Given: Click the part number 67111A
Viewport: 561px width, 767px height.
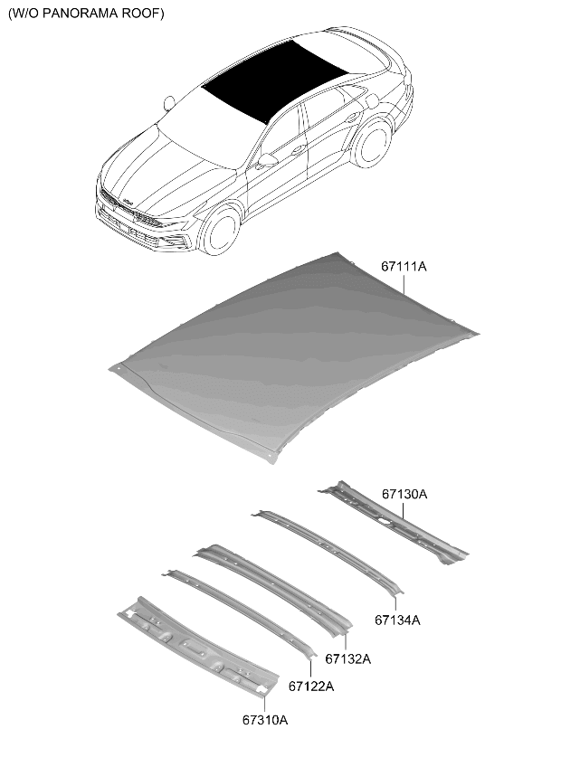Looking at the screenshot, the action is [x=404, y=267].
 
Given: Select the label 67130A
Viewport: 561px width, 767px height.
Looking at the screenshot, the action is [x=404, y=494].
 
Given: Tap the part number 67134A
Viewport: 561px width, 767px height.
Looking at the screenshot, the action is [x=397, y=620].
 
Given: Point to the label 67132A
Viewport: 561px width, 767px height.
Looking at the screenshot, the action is [x=348, y=658].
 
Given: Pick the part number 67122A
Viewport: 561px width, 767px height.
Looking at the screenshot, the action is [x=311, y=687].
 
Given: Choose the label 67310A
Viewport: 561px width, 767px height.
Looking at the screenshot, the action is [x=265, y=720].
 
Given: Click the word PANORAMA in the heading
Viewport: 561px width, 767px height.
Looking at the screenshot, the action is [x=79, y=14].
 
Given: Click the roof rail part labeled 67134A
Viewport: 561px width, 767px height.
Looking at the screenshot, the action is [x=328, y=551].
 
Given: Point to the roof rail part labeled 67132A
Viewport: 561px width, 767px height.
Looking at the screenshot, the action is [x=274, y=591].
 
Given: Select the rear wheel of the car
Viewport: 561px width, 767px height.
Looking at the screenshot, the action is [x=373, y=143].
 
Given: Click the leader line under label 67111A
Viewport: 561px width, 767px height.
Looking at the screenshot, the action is [x=404, y=284].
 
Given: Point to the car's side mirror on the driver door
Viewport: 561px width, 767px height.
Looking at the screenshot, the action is [x=266, y=160].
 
